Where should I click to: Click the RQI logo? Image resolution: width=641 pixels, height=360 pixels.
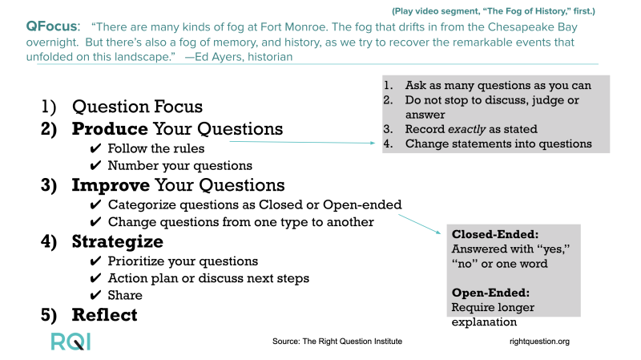coord(71,342)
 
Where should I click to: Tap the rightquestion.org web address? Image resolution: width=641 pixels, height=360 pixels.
coord(539,342)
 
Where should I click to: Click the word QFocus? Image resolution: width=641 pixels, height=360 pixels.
coord(51,26)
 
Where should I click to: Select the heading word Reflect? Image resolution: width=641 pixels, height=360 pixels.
coord(105,315)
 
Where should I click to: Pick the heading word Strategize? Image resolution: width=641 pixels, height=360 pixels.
coord(118,242)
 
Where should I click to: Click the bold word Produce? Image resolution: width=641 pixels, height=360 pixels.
coord(110,129)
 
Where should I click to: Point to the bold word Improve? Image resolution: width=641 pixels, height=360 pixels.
coord(111,185)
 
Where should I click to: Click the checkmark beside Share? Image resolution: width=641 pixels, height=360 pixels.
coord(95,295)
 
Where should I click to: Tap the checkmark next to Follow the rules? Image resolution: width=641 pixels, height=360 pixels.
coord(95,148)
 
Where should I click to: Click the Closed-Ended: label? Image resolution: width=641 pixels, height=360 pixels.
coord(495,234)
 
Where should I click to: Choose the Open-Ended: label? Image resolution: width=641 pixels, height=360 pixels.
coord(490,293)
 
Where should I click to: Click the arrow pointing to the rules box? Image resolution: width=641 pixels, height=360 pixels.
coord(302,143)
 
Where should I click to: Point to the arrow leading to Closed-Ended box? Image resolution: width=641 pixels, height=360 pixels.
coord(420,224)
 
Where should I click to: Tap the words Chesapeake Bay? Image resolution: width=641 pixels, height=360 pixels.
coord(533,27)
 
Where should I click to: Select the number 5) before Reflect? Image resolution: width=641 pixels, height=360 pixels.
coord(49,315)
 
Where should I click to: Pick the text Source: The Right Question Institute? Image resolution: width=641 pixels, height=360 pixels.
coord(337,342)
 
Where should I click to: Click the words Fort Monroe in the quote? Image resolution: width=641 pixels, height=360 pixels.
coord(293,27)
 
